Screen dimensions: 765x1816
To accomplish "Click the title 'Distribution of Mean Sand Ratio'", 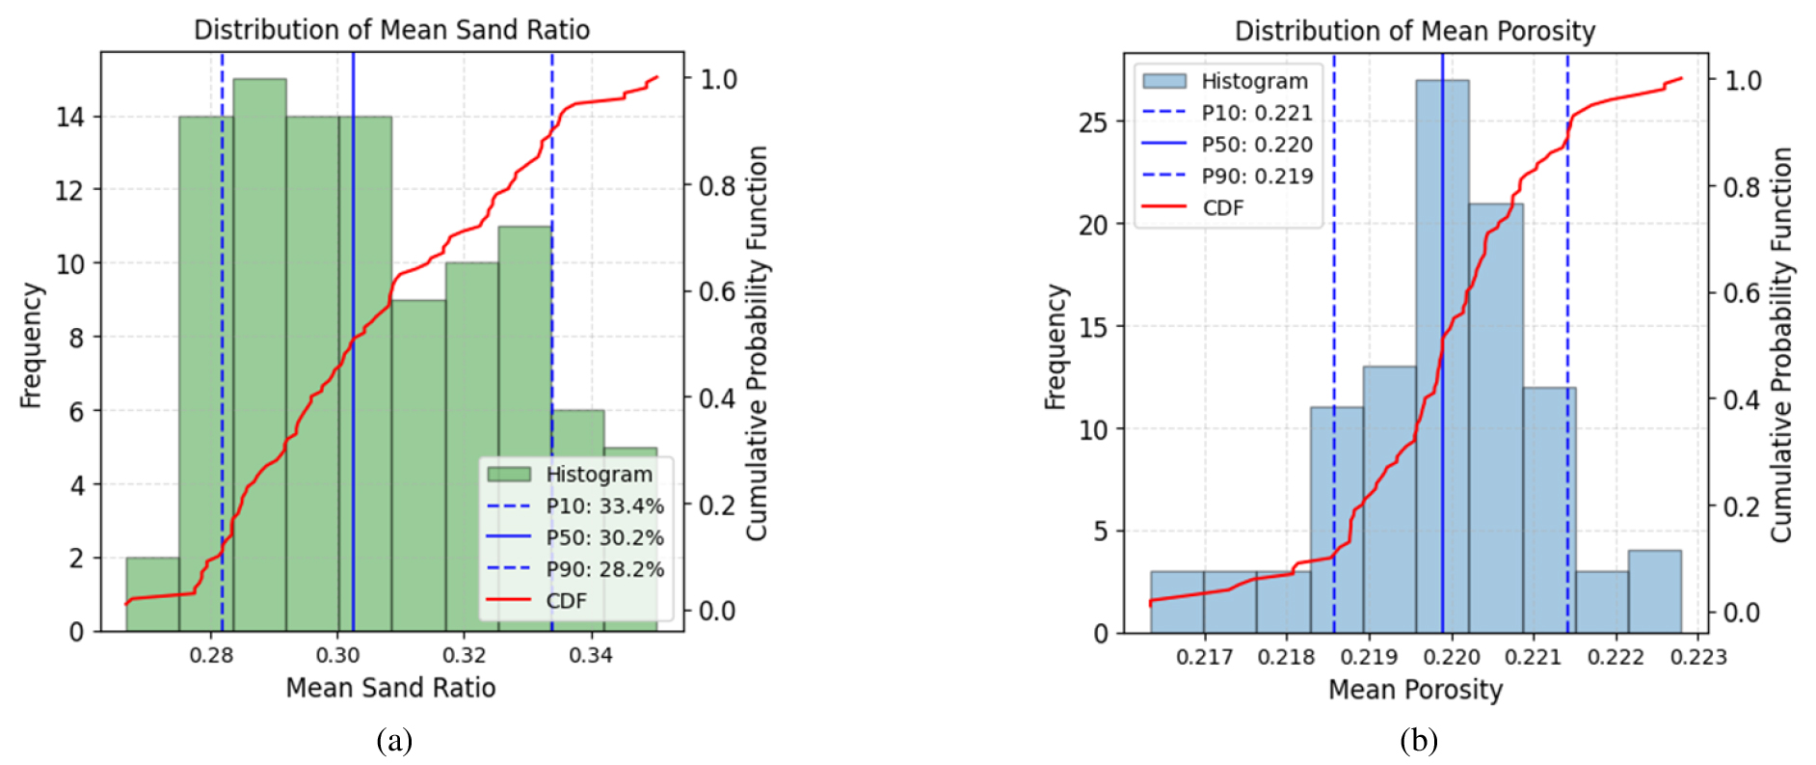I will (391, 30).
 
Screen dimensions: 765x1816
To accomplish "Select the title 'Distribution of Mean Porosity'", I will (1414, 31).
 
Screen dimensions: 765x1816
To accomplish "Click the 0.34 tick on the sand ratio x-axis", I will (590, 656).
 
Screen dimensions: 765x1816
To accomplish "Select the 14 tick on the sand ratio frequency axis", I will (70, 118).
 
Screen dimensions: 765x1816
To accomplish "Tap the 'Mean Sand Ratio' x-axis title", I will (390, 688).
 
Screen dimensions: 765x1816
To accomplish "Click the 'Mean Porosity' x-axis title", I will (1415, 690).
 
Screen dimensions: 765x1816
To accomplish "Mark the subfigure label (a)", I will (394, 741).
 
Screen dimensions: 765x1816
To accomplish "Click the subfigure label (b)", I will (1418, 741).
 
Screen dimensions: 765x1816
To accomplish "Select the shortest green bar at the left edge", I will (152, 594).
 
